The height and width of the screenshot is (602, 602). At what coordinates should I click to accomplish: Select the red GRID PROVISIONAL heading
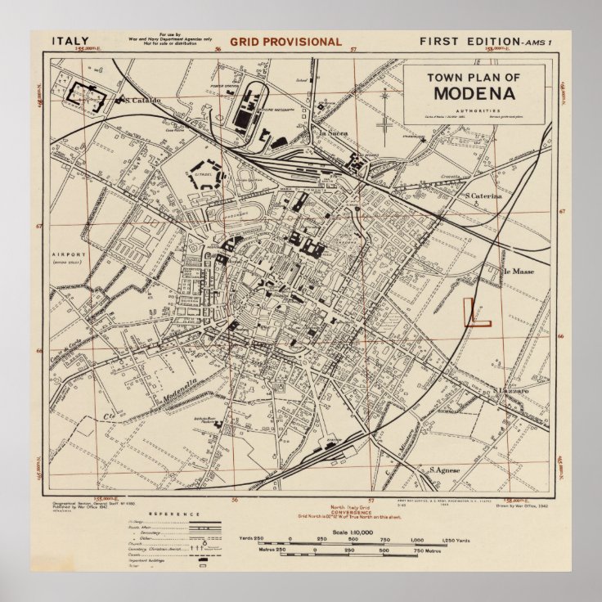[285, 42]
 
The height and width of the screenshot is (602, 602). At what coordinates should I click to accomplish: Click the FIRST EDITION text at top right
[469, 41]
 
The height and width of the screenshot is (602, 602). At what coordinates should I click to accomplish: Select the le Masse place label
[517, 271]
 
